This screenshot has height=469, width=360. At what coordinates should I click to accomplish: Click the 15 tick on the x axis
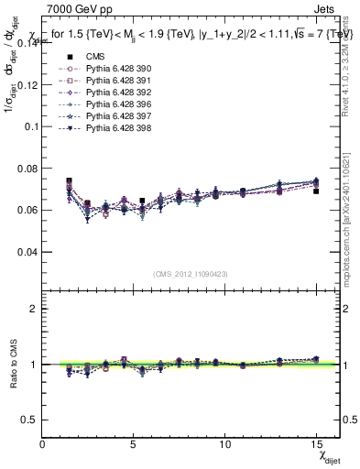click(x=316, y=443)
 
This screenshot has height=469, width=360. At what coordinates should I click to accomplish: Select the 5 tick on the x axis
click(x=134, y=443)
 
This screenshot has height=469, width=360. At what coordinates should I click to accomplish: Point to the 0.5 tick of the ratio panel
click(x=30, y=420)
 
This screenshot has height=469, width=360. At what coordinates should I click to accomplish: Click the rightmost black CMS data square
click(x=316, y=191)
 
